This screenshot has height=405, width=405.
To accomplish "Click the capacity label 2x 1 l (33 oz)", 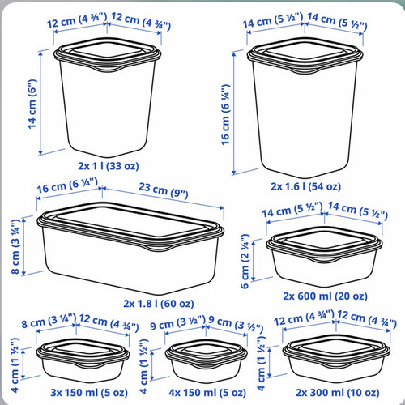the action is click(x=109, y=166).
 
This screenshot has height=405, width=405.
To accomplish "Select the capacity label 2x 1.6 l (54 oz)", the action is click(x=306, y=186).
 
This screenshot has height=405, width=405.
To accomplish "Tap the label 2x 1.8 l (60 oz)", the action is click(x=159, y=304).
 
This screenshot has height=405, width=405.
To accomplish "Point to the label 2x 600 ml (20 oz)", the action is click(x=325, y=296).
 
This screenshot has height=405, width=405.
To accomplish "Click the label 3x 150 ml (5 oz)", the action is click(x=89, y=392).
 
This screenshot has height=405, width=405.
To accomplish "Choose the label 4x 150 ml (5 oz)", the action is click(x=207, y=392).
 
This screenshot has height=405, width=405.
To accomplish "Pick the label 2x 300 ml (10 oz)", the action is click(x=338, y=392).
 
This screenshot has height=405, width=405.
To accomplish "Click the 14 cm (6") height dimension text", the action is click(x=32, y=104).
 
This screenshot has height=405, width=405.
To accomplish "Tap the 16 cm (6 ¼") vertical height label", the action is click(x=225, y=115).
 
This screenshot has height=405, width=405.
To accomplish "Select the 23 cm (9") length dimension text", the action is click(x=164, y=190).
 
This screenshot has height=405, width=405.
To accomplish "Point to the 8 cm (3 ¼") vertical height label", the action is click(x=15, y=246).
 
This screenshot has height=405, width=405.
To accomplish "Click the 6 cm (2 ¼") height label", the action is click(x=245, y=262).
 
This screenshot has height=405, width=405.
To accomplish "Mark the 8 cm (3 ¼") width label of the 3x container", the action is click(x=49, y=321).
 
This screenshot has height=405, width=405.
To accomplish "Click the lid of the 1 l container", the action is click(x=108, y=54).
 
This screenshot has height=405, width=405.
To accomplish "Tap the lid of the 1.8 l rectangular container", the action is click(x=130, y=226).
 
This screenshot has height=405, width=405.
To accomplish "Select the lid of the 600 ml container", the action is click(x=325, y=244).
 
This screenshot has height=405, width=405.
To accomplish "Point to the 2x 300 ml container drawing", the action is click(x=336, y=358).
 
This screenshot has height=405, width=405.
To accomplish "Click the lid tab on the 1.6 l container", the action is click(x=305, y=70).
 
